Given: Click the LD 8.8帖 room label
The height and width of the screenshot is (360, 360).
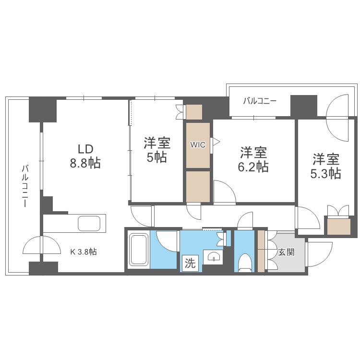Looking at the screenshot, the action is tap(85, 156).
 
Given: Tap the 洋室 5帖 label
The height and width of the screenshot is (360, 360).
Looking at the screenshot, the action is tap(157, 150).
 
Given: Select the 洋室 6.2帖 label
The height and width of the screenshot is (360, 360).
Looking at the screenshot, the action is tap(253, 159).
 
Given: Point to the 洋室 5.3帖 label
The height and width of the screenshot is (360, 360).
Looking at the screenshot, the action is tap(325, 166).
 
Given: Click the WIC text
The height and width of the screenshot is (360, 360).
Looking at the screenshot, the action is tap(198, 145).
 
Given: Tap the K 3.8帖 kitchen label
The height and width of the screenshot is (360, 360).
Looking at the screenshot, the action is tap(84, 252).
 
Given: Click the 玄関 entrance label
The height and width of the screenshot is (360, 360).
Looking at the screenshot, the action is tap(286, 252).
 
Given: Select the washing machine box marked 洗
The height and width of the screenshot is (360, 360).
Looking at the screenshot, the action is tap(191, 263).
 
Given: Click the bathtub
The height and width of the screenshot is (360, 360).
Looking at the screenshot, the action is tap(138, 250).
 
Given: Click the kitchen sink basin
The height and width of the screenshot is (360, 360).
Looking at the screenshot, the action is tap(89, 224).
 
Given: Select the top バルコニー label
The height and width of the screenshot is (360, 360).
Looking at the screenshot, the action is tap(260, 101).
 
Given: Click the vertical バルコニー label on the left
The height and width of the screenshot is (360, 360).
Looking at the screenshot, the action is tap(25, 186).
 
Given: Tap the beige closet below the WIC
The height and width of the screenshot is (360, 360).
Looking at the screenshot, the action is tap(198, 186).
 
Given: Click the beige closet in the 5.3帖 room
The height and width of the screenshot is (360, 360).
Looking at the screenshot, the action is tap(339, 227).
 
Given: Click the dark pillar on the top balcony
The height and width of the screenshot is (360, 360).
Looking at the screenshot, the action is tap(304, 106).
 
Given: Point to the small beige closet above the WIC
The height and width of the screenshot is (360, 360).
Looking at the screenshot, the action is tap(194, 112).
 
